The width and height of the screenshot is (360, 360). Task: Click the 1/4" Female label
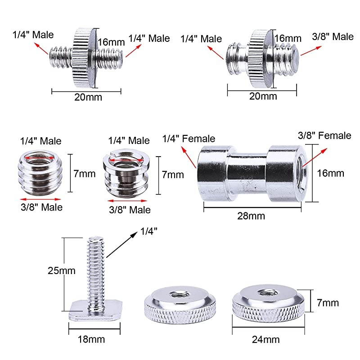[189, 139]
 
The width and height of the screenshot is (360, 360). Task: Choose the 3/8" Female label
[324, 135]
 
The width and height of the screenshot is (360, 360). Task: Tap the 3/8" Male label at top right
[333, 36]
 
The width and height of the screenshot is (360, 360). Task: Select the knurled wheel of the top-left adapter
[84, 58]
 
